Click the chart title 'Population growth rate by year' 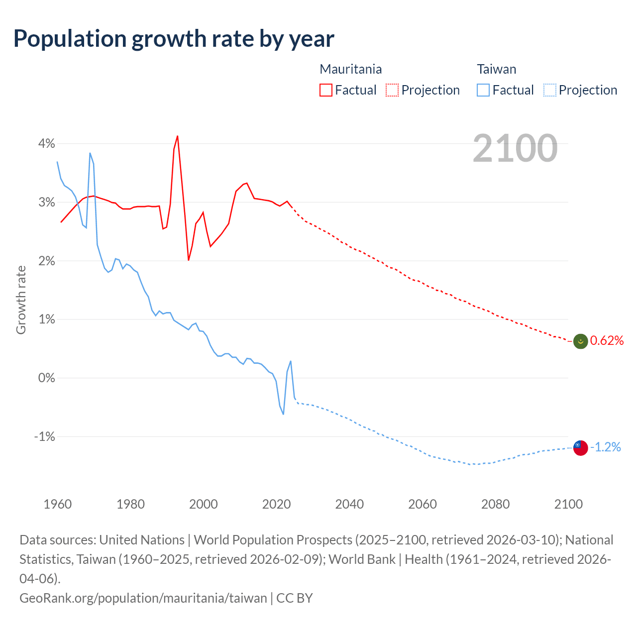click(174, 38)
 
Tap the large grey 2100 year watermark click(515, 148)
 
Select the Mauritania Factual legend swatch click(325, 90)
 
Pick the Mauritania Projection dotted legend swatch click(392, 90)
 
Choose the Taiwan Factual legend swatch click(483, 90)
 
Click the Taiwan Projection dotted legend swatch click(549, 90)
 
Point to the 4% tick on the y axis click(47, 144)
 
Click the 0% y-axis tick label click(47, 378)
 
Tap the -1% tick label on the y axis click(44, 436)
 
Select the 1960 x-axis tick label click(58, 504)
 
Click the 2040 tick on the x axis click(349, 504)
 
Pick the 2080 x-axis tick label click(495, 504)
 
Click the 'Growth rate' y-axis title click(21, 300)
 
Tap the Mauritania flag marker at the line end click(580, 341)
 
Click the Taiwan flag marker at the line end click(580, 448)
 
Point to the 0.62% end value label click(607, 340)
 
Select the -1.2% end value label click(605, 447)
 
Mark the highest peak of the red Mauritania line click(178, 136)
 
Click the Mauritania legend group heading click(350, 69)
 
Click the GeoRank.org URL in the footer click(143, 598)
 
